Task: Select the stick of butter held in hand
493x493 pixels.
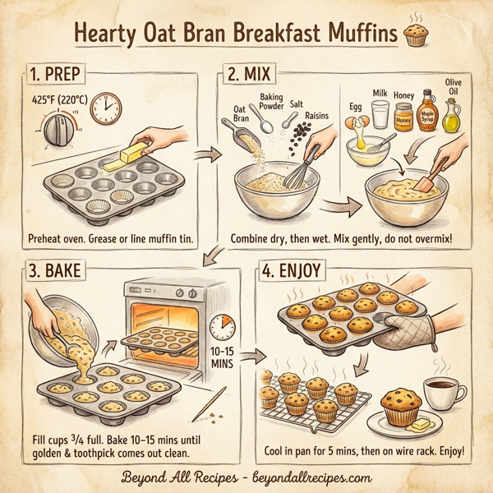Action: click(132, 154)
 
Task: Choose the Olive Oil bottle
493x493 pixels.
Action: click(452, 115)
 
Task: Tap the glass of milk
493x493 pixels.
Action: click(379, 115)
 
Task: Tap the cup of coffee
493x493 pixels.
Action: click(440, 394)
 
